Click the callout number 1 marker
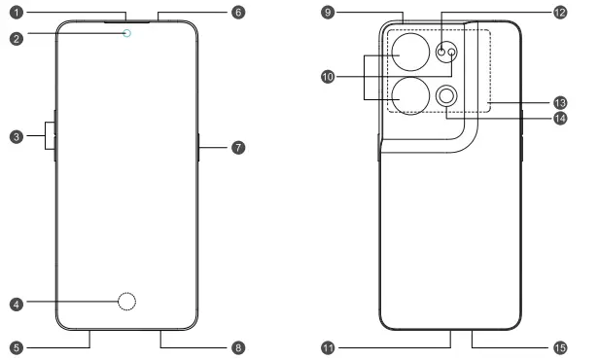point(16,14)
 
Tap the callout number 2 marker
point(16,39)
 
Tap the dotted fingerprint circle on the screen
point(125,304)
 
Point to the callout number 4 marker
point(16,305)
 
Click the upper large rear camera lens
point(412,56)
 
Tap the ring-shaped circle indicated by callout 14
point(448,95)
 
